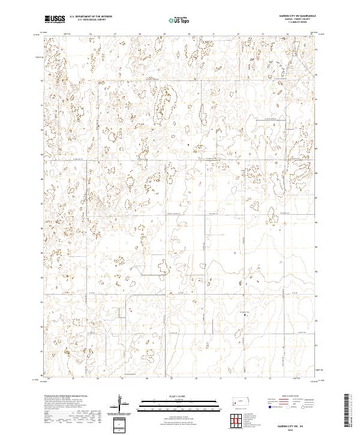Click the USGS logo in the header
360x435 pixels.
(x=55, y=19)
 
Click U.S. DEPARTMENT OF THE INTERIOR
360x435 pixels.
(x=91, y=17)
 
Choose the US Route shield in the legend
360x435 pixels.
(x=290, y=406)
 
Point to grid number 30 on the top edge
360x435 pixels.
(x=188, y=34)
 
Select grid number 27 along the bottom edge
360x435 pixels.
(x=122, y=379)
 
